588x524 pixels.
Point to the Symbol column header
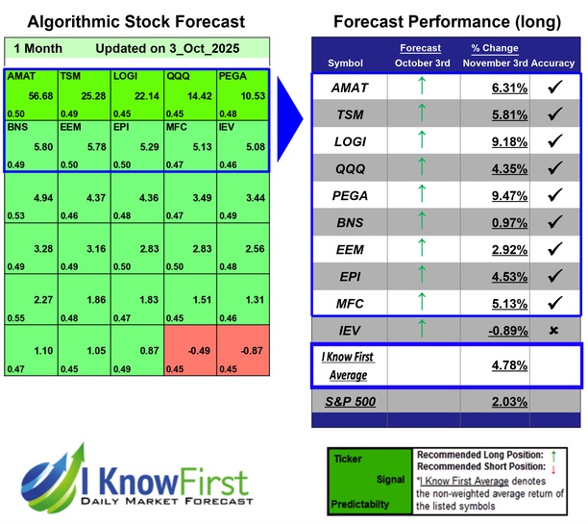click(346, 62)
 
